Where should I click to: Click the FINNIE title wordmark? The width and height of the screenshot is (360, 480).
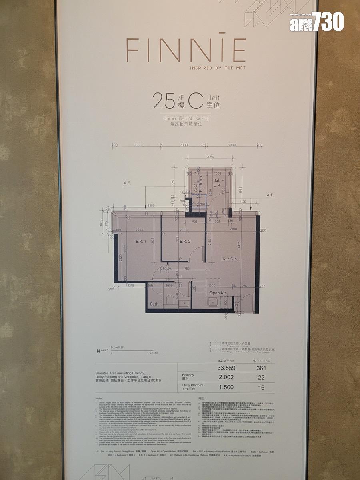pos(186,50)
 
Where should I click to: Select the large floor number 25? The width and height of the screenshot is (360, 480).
pos(164,102)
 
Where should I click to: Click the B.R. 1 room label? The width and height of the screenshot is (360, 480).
pos(136,242)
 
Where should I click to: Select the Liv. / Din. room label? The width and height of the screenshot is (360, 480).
pos(230,259)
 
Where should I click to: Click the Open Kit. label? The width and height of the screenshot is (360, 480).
pos(218,293)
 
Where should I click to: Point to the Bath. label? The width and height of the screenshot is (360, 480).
pos(155,304)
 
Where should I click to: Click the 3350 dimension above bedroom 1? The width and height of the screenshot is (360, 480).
pos(151,206)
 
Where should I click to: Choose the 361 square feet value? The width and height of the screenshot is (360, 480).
pos(261,368)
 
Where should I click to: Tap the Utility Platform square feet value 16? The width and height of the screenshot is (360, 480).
pos(261,388)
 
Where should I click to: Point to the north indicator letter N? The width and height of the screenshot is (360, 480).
pos(98,351)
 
